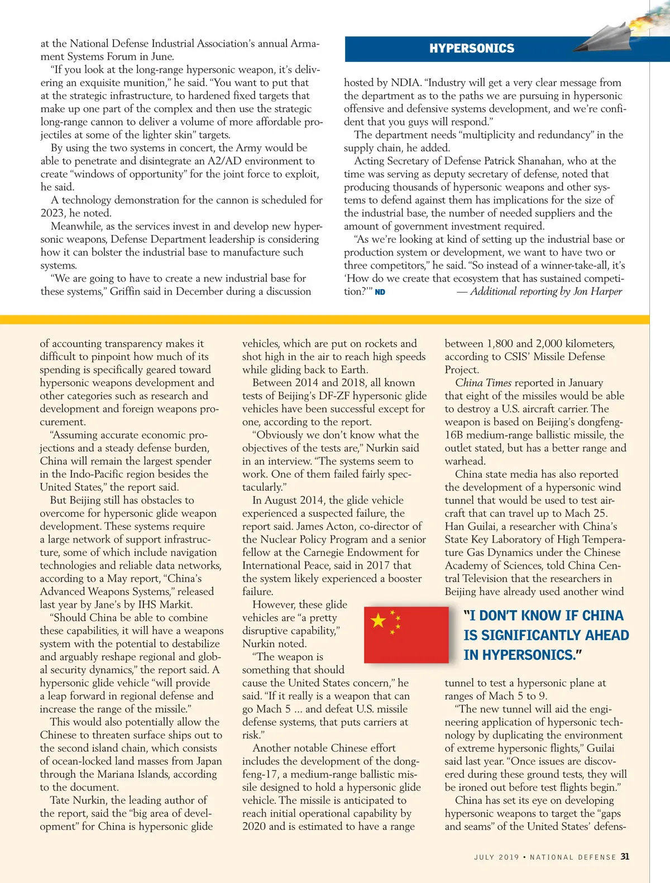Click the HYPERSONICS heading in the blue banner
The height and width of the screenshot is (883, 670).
[472, 49]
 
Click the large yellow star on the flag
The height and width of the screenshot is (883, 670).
[379, 620]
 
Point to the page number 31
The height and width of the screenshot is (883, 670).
[625, 856]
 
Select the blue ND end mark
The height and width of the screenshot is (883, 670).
[380, 292]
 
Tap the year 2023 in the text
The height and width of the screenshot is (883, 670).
[52, 213]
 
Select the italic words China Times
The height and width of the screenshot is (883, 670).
[483, 383]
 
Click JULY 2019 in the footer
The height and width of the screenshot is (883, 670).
[496, 857]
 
